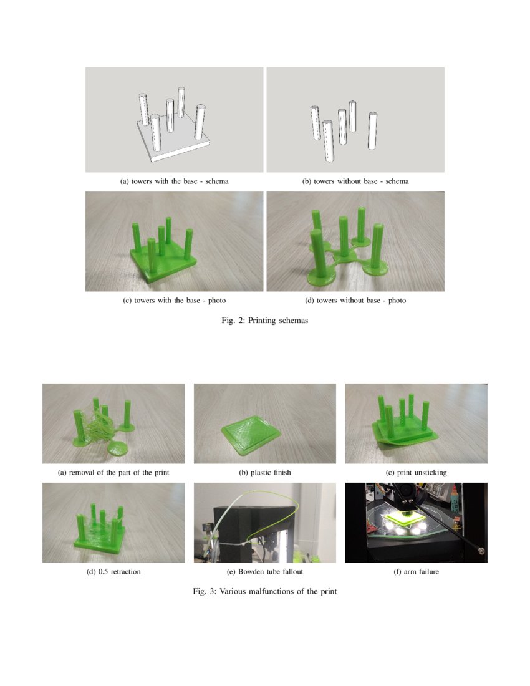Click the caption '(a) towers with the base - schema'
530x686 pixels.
pos(174,181)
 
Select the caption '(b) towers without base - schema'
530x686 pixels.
pos(355,181)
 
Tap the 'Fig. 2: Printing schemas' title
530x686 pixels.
pos(264,321)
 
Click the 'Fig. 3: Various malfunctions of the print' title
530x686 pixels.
pos(264,591)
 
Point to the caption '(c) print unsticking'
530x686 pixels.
pos(416,473)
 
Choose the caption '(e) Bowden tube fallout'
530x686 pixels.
pos(264,571)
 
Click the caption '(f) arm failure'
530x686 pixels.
pos(416,571)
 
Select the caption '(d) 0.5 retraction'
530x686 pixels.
pos(113,571)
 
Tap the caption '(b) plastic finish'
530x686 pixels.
pos(264,473)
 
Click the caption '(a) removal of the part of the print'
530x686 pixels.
pos(113,473)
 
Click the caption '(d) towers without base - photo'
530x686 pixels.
pos(355,301)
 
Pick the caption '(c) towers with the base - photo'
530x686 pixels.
pos(174,301)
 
